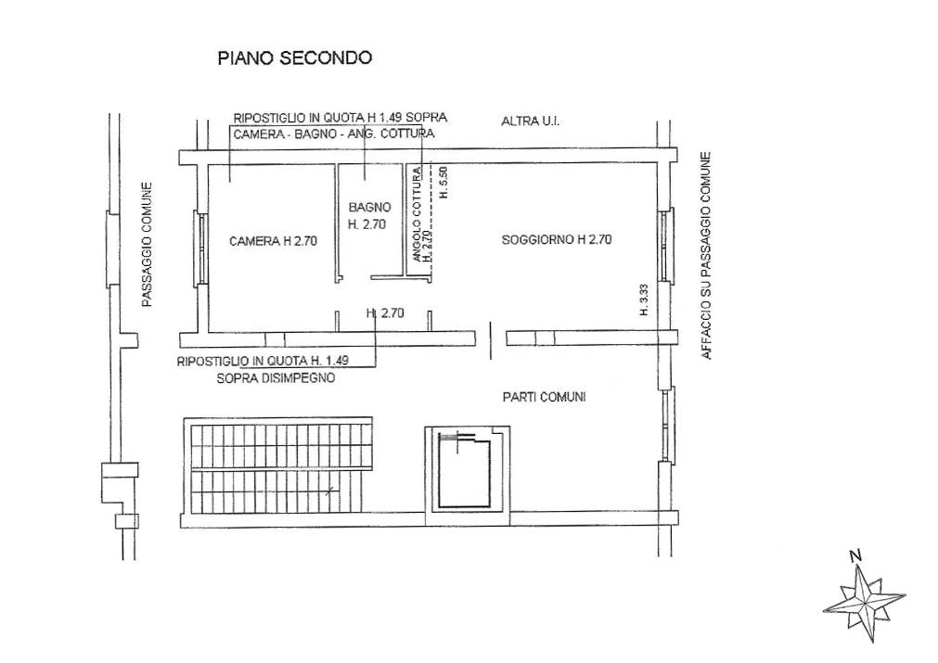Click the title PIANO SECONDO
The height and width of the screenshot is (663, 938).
[294, 58]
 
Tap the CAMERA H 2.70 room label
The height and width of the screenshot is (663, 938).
[273, 241]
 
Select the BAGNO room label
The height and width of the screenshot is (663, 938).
[369, 208]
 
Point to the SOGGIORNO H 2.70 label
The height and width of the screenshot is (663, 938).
[557, 240]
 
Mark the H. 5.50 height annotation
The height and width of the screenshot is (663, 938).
[443, 183]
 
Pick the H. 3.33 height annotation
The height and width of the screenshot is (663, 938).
[644, 299]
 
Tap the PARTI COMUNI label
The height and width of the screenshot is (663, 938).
[544, 397]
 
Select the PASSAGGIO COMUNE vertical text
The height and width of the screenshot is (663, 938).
[148, 245]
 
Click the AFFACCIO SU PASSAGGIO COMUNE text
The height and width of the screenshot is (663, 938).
[706, 256]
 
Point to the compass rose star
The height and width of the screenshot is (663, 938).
[864, 604]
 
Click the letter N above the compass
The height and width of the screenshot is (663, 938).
[856, 556]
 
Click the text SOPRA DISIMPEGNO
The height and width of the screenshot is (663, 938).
[276, 378]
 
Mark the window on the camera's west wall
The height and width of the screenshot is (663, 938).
[201, 249]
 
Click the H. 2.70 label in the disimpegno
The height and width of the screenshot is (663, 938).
[385, 312]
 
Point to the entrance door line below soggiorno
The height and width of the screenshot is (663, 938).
[491, 340]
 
